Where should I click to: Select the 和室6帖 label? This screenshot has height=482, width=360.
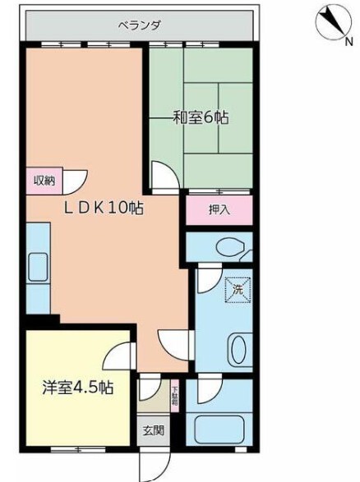click(x=200, y=118)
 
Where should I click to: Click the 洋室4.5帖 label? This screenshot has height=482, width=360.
click(x=77, y=388)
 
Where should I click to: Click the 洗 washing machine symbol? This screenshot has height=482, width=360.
click(x=236, y=289)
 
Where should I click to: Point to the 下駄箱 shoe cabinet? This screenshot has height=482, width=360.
click(x=175, y=393)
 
